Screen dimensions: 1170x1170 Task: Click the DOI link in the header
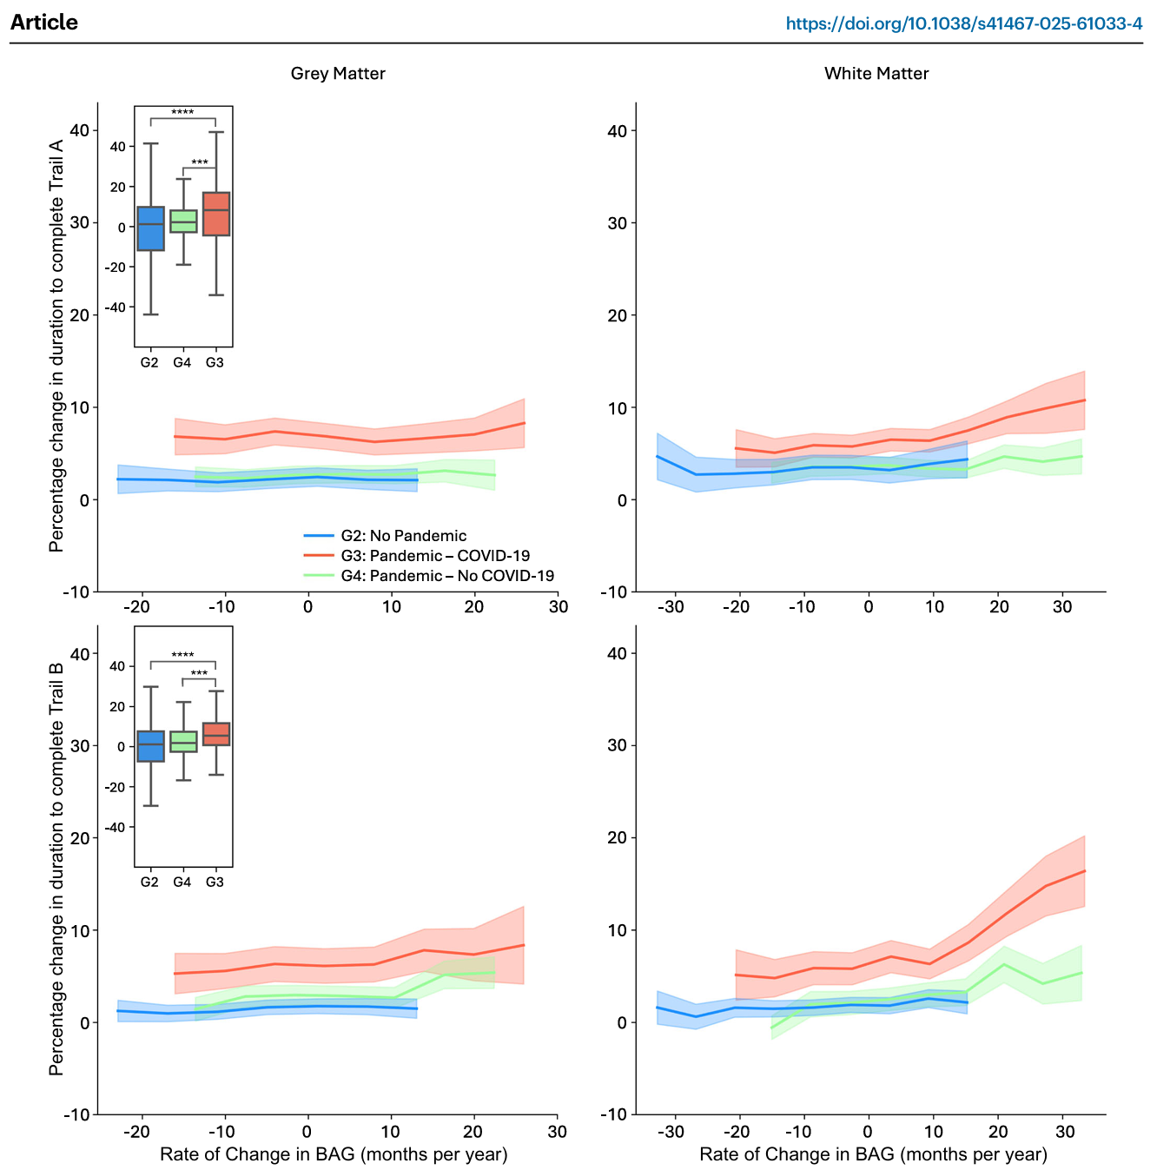[963, 23]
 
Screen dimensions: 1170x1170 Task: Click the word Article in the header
[44, 23]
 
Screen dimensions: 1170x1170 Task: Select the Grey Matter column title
[338, 74]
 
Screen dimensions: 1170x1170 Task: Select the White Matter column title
[876, 74]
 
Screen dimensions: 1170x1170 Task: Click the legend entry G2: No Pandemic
[403, 536]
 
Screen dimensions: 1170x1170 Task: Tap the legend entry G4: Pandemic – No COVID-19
[446, 576]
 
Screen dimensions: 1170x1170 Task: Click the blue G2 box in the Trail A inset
[150, 228]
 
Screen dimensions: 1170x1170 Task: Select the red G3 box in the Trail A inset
[216, 214]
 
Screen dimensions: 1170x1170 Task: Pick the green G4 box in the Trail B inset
[183, 741]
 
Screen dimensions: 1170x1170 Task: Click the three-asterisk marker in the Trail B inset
[199, 674]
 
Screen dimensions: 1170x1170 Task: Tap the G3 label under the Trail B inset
[215, 882]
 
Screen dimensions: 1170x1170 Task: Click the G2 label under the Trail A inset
[149, 362]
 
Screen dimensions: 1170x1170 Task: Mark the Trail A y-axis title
[57, 345]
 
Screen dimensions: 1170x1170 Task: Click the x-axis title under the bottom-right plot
[873, 1154]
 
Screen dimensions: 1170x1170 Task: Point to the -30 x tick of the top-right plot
[671, 607]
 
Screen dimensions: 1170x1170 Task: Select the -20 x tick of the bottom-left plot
[136, 1132]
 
